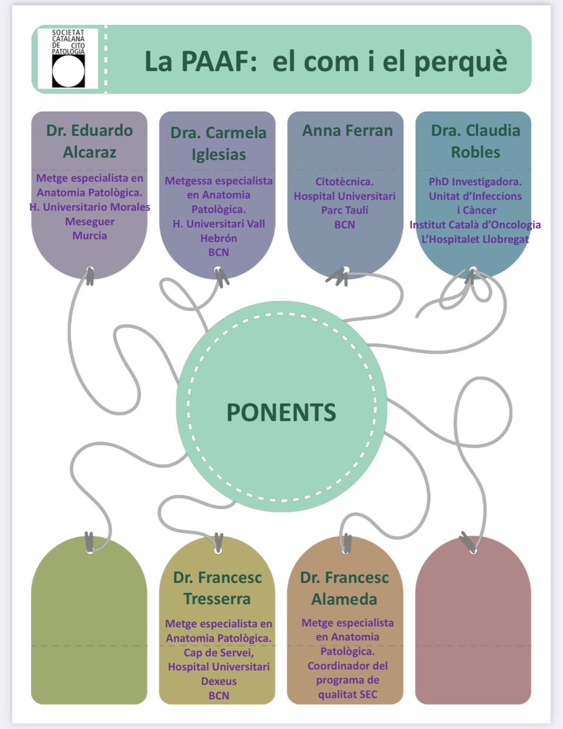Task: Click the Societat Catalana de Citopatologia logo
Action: click(68, 58)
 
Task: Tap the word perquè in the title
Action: click(461, 63)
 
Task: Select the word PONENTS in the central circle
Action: click(281, 412)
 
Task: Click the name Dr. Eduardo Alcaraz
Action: click(89, 141)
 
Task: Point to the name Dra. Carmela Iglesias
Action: click(219, 143)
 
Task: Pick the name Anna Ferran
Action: click(347, 130)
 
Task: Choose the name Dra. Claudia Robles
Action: click(476, 141)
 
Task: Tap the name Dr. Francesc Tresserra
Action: click(217, 588)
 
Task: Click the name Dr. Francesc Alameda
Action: click(344, 588)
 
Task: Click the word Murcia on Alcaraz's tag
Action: click(89, 236)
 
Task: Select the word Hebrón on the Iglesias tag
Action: click(219, 238)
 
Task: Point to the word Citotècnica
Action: click(344, 182)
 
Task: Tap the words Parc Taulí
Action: click(344, 210)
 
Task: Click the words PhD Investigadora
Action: click(475, 182)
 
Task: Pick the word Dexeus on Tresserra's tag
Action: click(219, 681)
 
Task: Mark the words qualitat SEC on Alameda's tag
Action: click(347, 694)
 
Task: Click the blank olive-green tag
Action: click(89, 621)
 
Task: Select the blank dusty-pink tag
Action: click(473, 621)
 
